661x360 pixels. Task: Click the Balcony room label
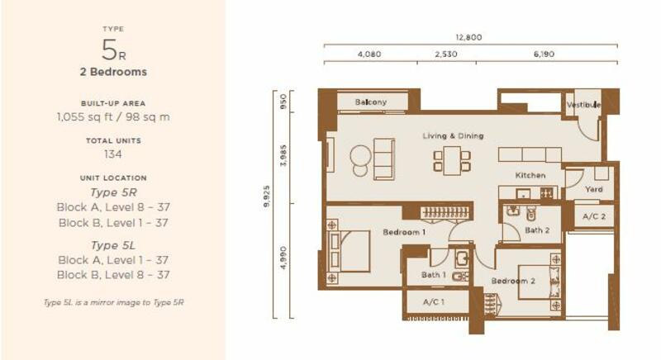pyautogui.click(x=370, y=102)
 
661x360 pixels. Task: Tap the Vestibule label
pyautogui.click(x=584, y=105)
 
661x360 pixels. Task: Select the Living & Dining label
pyautogui.click(x=453, y=136)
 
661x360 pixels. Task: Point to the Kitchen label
pyautogui.click(x=530, y=175)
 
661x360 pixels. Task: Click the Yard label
pyautogui.click(x=593, y=189)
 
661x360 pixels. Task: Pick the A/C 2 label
pyautogui.click(x=594, y=216)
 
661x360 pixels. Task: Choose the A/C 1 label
pyautogui.click(x=433, y=301)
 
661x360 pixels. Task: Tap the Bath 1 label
pyautogui.click(x=433, y=275)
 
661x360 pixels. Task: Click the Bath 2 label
pyautogui.click(x=537, y=230)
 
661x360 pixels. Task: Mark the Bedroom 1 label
pyautogui.click(x=404, y=232)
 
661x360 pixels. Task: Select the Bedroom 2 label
pyautogui.click(x=513, y=281)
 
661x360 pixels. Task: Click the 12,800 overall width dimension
pyautogui.click(x=468, y=37)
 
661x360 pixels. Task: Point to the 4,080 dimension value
pyautogui.click(x=369, y=54)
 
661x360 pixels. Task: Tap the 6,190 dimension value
pyautogui.click(x=544, y=54)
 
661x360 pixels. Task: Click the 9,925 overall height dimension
pyautogui.click(x=266, y=197)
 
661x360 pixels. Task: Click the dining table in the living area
pyautogui.click(x=451, y=160)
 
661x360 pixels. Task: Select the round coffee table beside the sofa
pyautogui.click(x=360, y=156)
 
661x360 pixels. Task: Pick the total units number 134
pyautogui.click(x=113, y=154)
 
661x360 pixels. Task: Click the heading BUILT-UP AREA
pyautogui.click(x=113, y=103)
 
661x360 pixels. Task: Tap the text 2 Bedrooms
pyautogui.click(x=113, y=72)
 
